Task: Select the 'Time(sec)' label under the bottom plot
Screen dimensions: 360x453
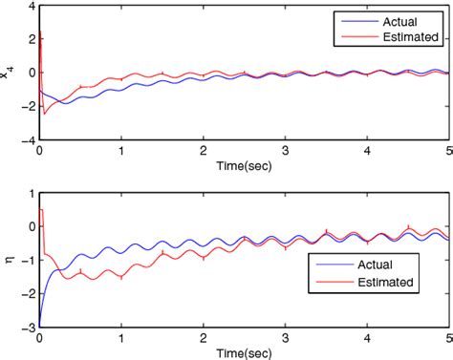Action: tap(244, 352)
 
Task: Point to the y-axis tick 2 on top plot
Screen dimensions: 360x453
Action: tap(29, 39)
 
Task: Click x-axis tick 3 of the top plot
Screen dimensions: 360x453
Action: tap(285, 151)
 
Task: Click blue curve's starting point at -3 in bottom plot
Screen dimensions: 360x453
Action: tap(39, 324)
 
